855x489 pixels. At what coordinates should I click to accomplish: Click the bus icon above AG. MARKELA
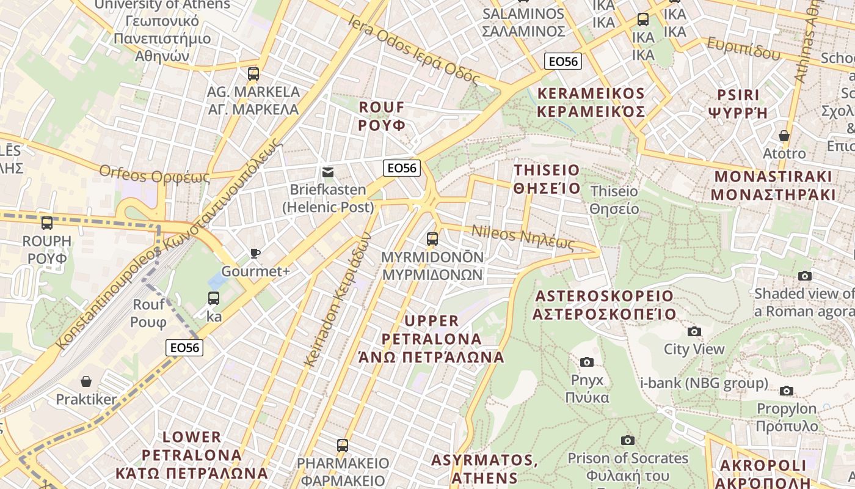[x=253, y=74]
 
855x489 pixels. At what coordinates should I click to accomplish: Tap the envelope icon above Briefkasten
[x=329, y=172]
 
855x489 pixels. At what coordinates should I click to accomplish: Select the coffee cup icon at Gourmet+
[x=255, y=253]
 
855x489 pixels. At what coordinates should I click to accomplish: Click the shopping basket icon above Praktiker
[x=86, y=381]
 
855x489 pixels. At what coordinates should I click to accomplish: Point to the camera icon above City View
[x=694, y=331]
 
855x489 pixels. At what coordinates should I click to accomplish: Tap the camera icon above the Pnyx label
[x=587, y=362]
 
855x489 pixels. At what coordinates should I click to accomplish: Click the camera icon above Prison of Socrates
[x=627, y=440]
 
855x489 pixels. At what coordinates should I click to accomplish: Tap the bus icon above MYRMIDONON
[x=432, y=238]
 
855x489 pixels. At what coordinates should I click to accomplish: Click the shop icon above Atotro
[x=784, y=135]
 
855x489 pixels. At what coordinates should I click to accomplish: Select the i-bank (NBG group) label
[x=704, y=383]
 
